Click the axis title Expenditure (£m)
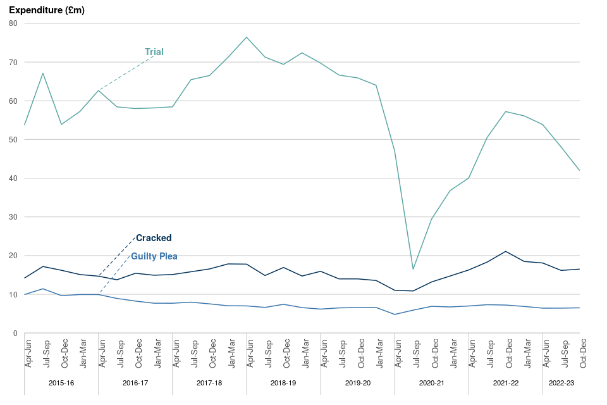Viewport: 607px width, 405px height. pos(47,10)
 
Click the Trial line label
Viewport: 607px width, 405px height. pos(154,52)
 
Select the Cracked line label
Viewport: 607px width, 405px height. pos(154,238)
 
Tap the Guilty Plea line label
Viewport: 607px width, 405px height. pos(154,256)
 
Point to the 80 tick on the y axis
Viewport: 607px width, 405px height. pos(13,23)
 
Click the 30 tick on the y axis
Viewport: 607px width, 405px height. pos(13,217)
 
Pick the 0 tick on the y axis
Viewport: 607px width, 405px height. pos(15,333)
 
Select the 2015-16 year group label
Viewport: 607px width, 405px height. pos(61,383)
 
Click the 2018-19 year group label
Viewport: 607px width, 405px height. pos(283,383)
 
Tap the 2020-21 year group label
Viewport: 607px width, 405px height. pos(431,383)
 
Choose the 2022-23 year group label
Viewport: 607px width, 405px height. pos(561,383)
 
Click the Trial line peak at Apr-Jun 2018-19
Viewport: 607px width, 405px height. pos(247,37)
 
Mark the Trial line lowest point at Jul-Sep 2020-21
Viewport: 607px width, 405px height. pos(413,269)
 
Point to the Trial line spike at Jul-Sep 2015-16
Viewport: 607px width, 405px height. pos(42,73)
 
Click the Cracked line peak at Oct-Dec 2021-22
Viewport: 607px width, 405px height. pos(506,251)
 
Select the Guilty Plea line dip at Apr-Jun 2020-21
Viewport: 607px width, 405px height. pos(395,315)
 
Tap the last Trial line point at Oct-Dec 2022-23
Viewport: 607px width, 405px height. pos(579,170)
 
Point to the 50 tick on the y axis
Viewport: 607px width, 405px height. pos(13,140)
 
